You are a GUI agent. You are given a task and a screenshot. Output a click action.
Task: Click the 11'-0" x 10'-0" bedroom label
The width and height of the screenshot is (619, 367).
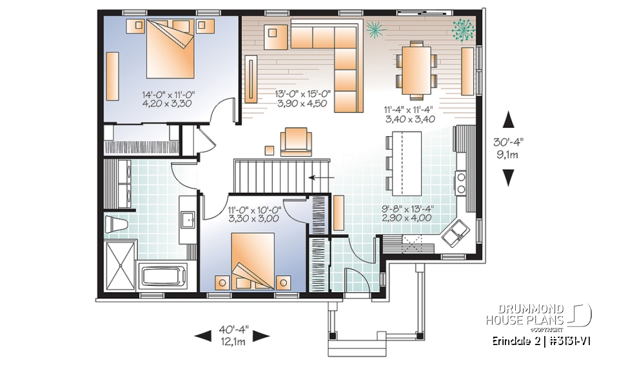[253, 213]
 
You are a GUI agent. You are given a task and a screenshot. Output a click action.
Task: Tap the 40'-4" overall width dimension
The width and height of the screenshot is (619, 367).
[232, 335]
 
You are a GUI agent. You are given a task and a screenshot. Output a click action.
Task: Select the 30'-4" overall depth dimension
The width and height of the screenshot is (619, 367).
[509, 148]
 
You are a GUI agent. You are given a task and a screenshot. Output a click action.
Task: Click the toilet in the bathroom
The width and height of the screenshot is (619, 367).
[115, 224]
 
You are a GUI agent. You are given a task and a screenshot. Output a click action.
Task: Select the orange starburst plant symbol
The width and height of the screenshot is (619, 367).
[373, 28]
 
